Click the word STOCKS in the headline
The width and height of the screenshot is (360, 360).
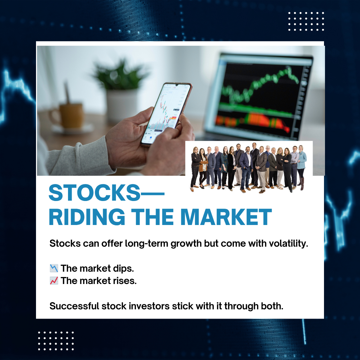(x=94, y=193)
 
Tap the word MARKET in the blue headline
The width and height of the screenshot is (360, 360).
(x=226, y=217)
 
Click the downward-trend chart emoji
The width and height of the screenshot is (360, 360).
(x=54, y=268)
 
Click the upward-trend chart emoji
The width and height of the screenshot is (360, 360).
(x=54, y=281)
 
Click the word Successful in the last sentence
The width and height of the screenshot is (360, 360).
(x=74, y=306)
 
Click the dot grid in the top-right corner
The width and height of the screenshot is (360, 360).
(x=306, y=21)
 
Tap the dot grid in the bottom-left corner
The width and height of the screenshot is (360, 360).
(x=56, y=341)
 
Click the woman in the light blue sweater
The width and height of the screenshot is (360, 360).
(x=302, y=167)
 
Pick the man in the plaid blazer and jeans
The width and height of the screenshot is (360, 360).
(x=246, y=169)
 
